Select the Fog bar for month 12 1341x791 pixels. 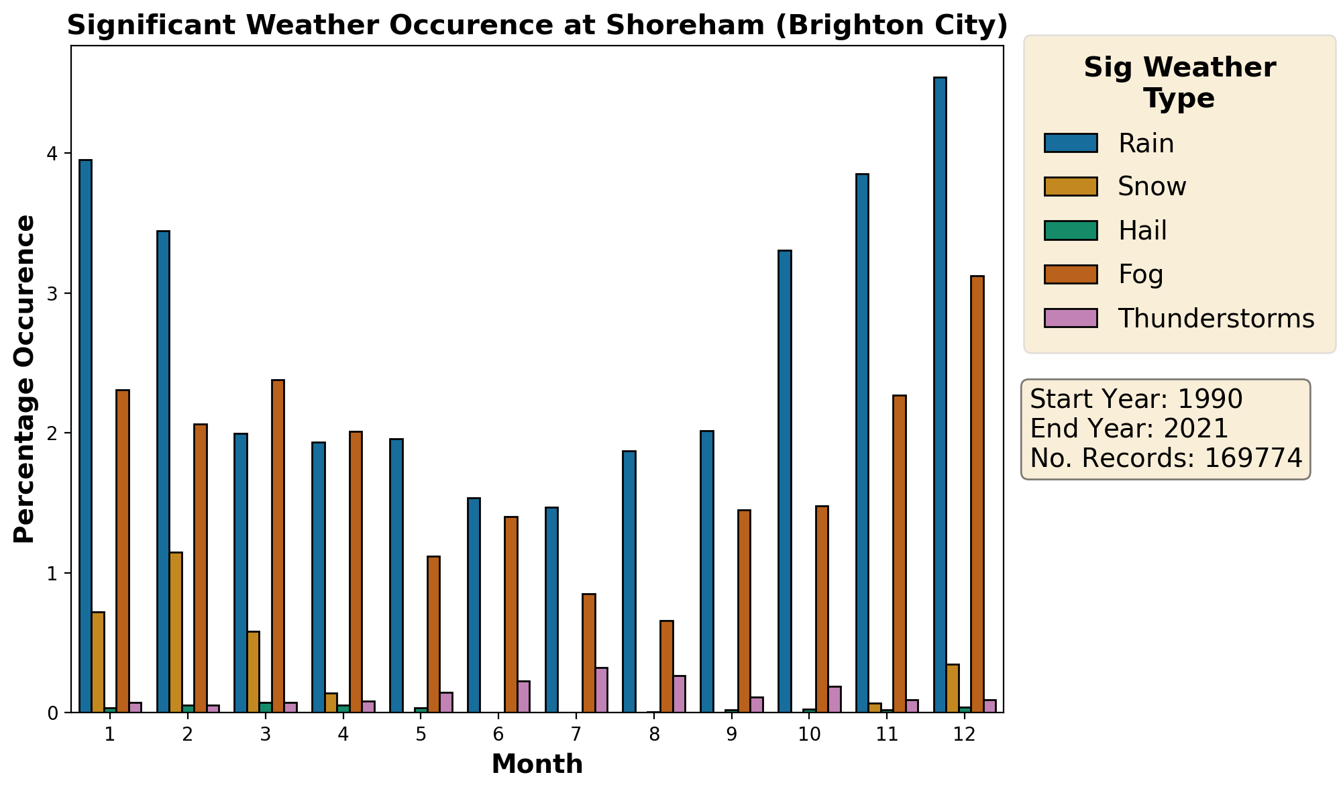point(977,494)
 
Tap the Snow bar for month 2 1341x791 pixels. point(176,632)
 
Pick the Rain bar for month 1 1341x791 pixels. point(85,436)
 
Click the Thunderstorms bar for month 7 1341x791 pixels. point(602,690)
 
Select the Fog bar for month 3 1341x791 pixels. point(278,546)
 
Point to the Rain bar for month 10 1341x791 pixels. point(784,481)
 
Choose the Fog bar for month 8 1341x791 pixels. point(666,666)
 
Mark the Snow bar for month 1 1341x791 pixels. point(98,662)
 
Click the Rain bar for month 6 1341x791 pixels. point(474,605)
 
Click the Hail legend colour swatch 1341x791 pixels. point(1071,231)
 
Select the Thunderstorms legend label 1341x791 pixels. point(1216,319)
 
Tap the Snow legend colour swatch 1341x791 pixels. point(1071,187)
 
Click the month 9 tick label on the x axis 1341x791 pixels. point(731,735)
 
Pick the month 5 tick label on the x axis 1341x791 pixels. point(421,735)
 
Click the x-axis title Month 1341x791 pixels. point(537,765)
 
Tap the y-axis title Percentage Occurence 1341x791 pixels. point(25,379)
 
